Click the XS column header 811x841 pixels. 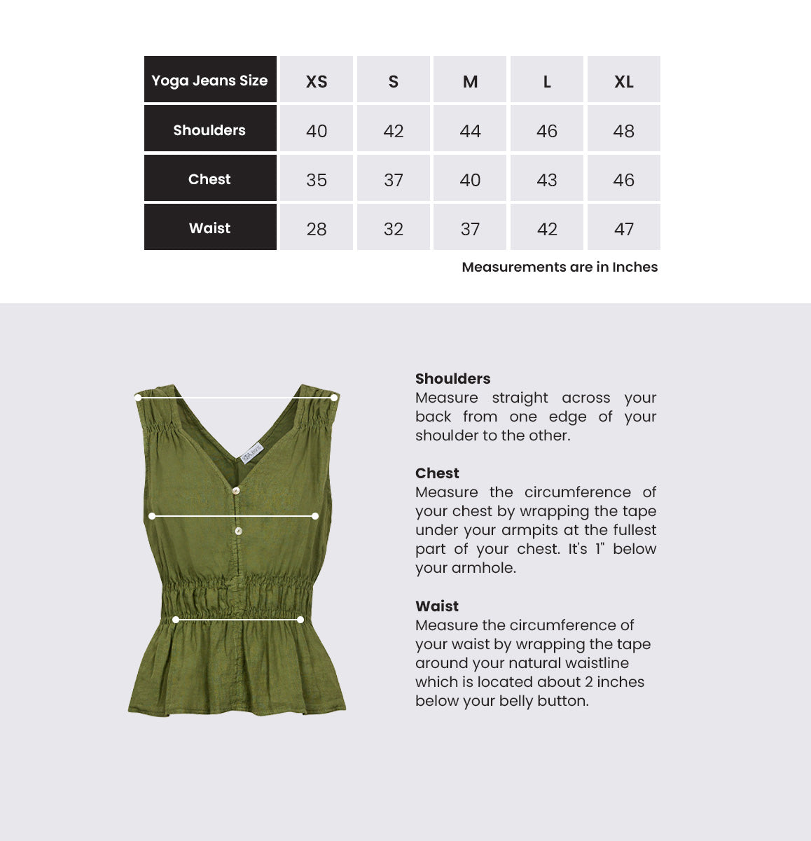(317, 81)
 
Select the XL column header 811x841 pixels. (623, 81)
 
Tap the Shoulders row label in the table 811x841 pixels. (209, 130)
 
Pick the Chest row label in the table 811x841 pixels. (209, 179)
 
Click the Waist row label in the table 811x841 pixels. (209, 228)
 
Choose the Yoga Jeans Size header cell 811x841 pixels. (209, 81)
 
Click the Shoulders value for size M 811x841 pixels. (470, 131)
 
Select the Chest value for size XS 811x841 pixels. (317, 180)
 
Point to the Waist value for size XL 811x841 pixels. (623, 229)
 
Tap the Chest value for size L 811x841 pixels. (547, 180)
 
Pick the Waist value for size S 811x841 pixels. (394, 229)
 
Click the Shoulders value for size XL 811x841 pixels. (623, 131)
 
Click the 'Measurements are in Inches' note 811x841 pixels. (560, 267)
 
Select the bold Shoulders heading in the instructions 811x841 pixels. (452, 379)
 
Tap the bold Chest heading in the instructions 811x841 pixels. (437, 473)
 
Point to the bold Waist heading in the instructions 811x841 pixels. (437, 606)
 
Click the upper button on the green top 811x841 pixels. (236, 490)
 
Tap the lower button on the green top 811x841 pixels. (238, 531)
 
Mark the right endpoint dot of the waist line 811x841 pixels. (300, 620)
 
